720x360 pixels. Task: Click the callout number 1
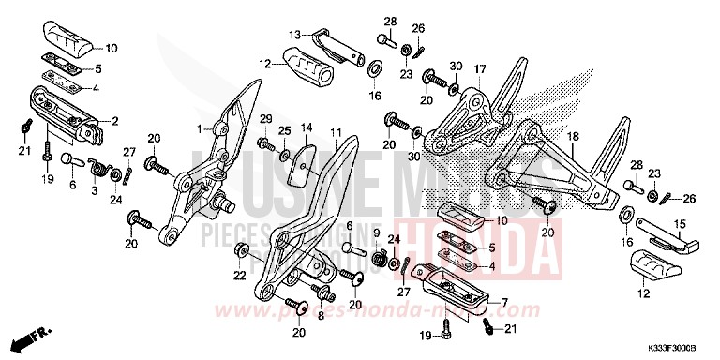[199, 128]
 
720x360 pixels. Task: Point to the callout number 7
[504, 303]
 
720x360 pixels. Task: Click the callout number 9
[376, 232]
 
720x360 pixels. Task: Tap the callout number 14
[306, 127]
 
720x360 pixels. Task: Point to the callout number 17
[479, 69]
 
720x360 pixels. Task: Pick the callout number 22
[239, 276]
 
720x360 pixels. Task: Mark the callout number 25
[285, 128]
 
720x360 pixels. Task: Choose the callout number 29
[265, 117]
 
